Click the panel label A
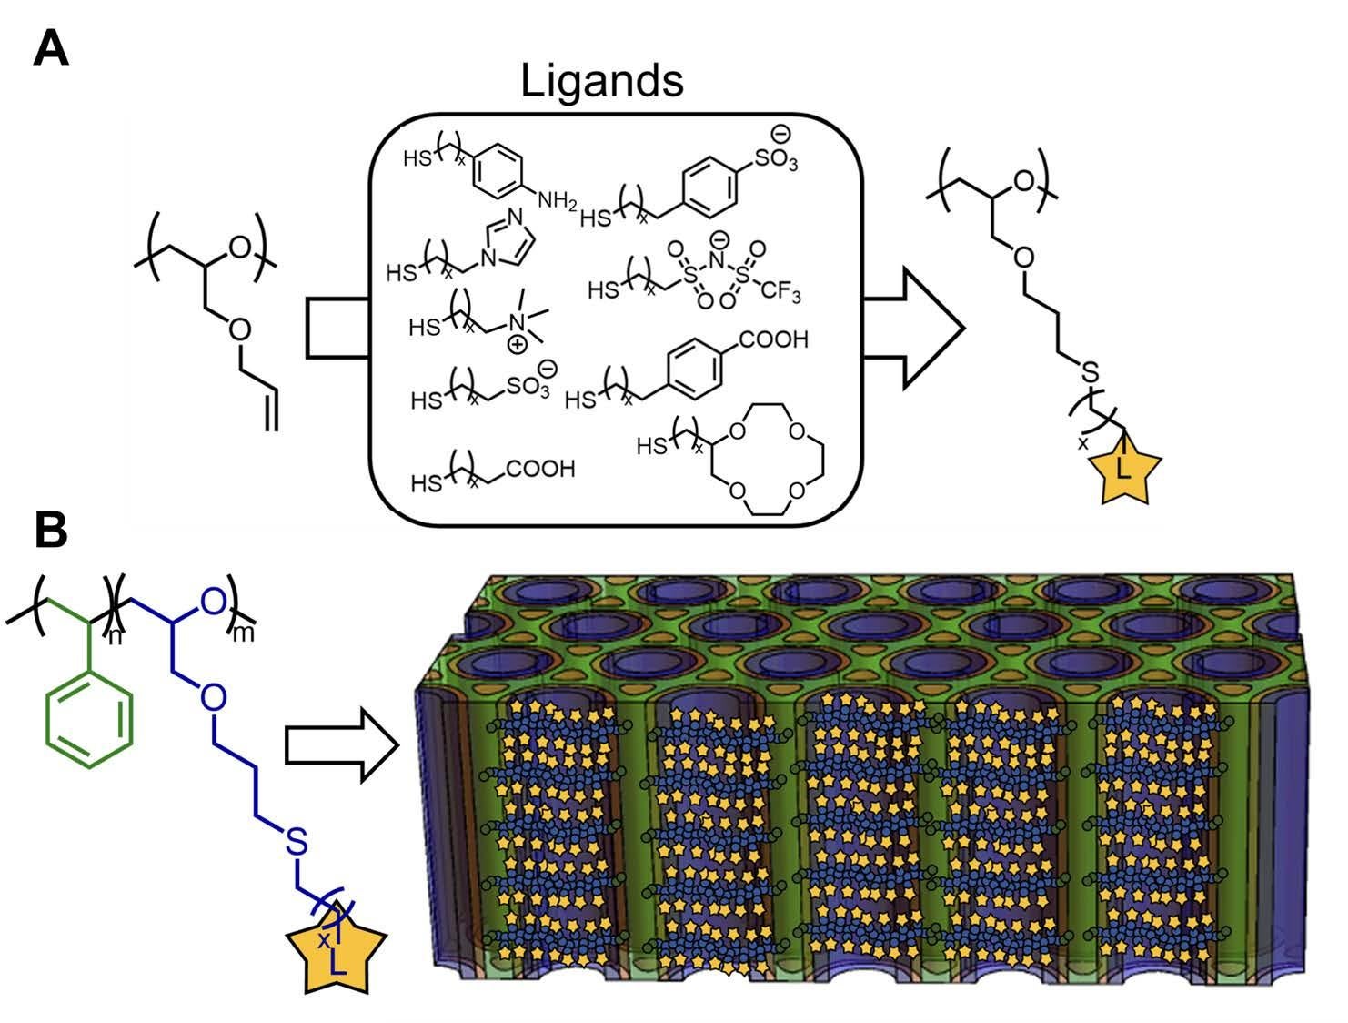[x=50, y=47]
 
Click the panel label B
[x=51, y=531]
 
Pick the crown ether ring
[x=766, y=461]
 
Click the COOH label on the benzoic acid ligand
[x=773, y=340]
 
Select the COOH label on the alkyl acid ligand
[x=540, y=470]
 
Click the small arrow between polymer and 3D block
[x=342, y=746]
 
